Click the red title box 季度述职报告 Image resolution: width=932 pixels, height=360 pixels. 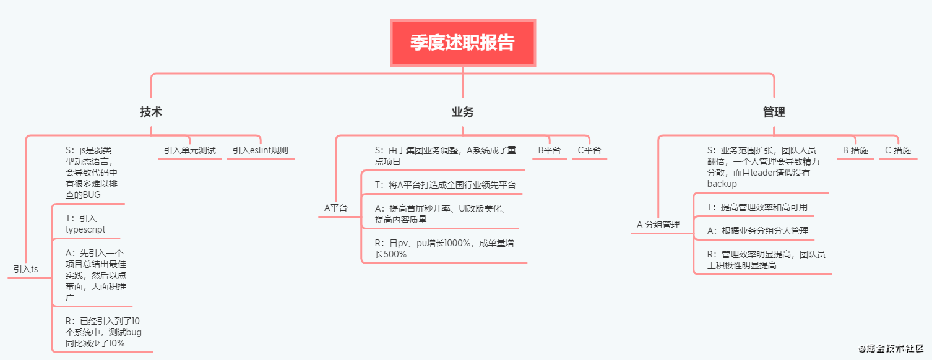coord(462,43)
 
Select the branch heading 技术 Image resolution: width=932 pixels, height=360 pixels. coord(151,112)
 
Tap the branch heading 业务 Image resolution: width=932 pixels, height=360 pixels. coord(462,112)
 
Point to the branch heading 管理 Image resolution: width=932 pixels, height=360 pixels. coord(774,112)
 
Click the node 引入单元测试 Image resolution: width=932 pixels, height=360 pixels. coord(189,150)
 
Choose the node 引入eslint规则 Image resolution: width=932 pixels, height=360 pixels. coord(260,150)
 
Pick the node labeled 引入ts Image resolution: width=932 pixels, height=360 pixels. coord(25,269)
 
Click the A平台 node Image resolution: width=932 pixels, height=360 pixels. coord(335,208)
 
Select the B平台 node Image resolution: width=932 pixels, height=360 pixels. coord(549,150)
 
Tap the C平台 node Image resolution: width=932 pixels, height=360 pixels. coord(589,150)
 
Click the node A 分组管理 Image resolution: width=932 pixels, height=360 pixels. coord(658,225)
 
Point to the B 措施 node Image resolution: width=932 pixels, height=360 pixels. coord(855,150)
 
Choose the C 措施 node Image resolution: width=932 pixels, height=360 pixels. coord(898,150)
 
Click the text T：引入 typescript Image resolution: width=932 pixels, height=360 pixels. coord(85,223)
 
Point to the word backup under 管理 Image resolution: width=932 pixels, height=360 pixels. coord(722,184)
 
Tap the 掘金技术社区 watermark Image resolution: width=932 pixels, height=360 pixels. coord(891,348)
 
